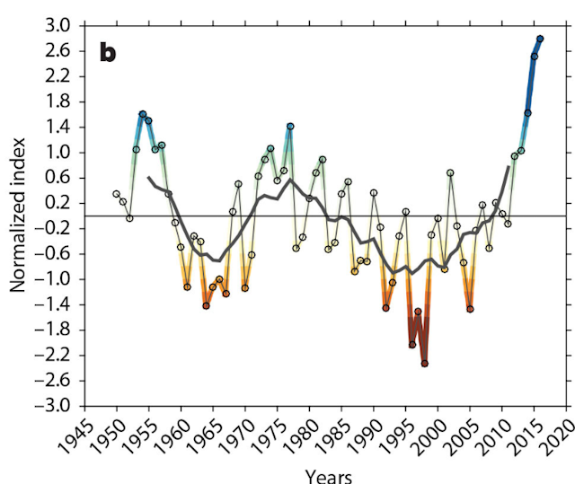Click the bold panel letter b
tap(108, 52)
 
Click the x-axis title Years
tap(328, 475)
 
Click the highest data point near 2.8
tap(540, 39)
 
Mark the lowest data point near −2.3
tap(424, 364)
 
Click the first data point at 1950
tap(116, 193)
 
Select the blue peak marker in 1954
tap(142, 114)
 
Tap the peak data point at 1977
tap(290, 126)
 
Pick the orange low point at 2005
tap(470, 309)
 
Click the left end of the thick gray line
tap(148, 178)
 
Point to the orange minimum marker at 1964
tap(206, 305)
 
